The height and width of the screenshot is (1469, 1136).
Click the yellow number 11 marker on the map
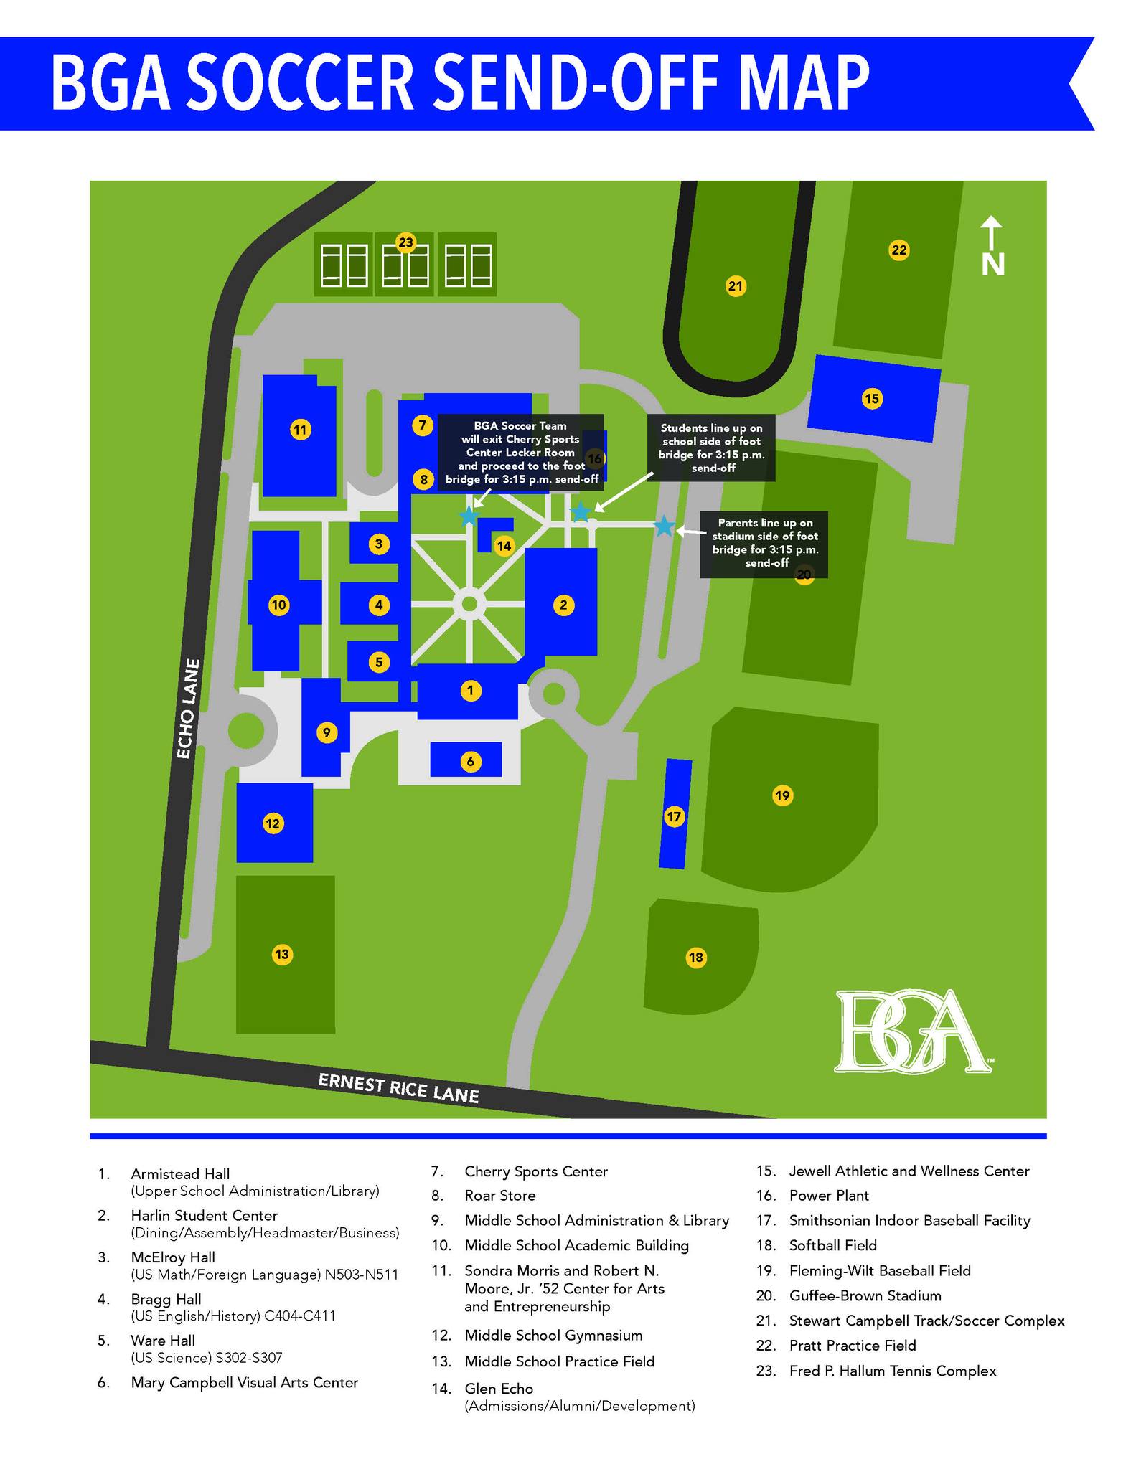(x=300, y=430)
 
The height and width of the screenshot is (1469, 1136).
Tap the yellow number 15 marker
(x=872, y=398)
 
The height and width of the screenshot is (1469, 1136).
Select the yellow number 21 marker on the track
(x=736, y=287)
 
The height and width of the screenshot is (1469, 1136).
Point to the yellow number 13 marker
(x=282, y=954)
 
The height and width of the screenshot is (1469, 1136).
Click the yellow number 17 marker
(x=674, y=816)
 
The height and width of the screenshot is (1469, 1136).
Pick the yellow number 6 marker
(x=470, y=761)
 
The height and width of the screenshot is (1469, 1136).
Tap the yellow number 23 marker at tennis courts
(x=406, y=242)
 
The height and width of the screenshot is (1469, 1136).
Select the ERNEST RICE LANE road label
(x=398, y=1087)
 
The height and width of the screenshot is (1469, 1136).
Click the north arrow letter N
(x=992, y=265)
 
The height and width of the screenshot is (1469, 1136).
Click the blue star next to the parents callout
(x=665, y=526)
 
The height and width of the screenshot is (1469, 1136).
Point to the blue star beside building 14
(x=469, y=515)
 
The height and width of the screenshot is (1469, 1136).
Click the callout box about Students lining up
(x=711, y=448)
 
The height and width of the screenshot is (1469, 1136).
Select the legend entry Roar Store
(x=500, y=1196)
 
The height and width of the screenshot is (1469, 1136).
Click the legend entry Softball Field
(x=833, y=1245)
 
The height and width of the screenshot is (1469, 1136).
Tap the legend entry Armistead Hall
(x=180, y=1174)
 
